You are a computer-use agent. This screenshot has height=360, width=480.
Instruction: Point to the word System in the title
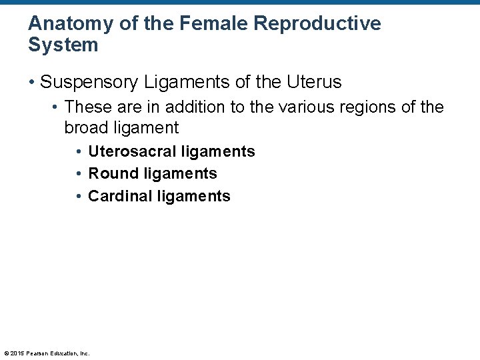pyautogui.click(x=63, y=45)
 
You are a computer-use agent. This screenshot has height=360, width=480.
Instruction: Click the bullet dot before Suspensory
pyautogui.click(x=32, y=83)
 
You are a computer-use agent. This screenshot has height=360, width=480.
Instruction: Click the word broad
pyautogui.click(x=87, y=127)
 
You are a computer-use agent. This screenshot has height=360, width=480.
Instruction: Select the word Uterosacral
pyautogui.click(x=131, y=152)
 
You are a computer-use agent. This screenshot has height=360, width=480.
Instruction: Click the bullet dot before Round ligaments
pyautogui.click(x=79, y=174)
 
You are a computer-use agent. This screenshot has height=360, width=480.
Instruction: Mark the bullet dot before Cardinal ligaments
pyautogui.click(x=79, y=197)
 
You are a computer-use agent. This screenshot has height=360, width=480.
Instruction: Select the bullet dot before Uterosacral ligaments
pyautogui.click(x=79, y=152)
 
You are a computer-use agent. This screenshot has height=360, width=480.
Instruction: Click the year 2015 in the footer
pyautogui.click(x=17, y=353)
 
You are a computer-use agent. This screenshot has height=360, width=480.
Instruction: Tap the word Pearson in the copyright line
pyautogui.click(x=37, y=353)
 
